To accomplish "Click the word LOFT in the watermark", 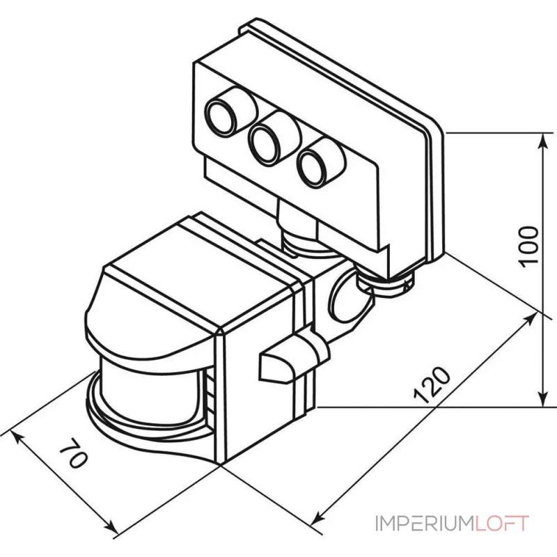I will [x=503, y=524].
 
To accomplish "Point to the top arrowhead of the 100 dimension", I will [x=542, y=138].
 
